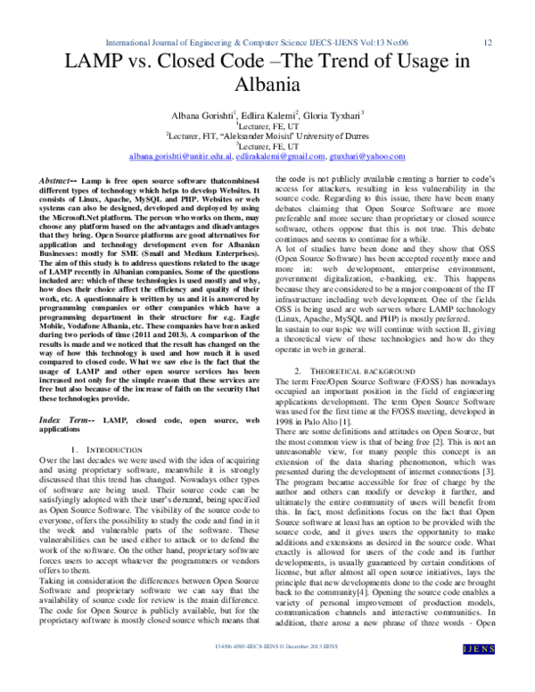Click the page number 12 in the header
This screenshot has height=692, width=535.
pos(488,42)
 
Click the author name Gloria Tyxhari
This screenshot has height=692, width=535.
pos(334,117)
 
